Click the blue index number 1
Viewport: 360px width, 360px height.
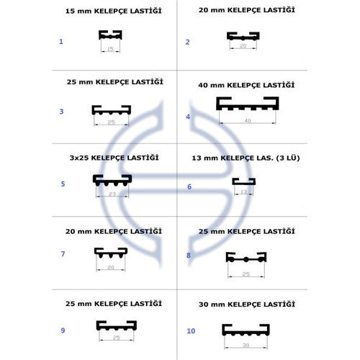click(x=61, y=42)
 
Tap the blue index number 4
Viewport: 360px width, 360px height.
click(x=188, y=117)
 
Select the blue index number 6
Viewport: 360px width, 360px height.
click(x=189, y=186)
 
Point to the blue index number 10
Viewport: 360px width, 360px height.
click(x=191, y=331)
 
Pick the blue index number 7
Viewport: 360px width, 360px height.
click(x=63, y=254)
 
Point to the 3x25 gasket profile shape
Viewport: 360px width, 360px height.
click(x=112, y=181)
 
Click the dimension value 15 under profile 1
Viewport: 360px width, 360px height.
click(x=110, y=49)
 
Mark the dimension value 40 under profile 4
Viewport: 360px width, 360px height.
click(x=248, y=120)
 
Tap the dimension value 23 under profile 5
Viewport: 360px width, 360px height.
click(x=112, y=194)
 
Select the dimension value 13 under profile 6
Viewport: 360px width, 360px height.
click(x=243, y=192)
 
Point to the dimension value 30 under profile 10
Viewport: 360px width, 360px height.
click(x=246, y=345)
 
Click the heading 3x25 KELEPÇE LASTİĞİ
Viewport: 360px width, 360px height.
click(x=114, y=158)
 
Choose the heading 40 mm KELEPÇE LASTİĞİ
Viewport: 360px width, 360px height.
click(x=246, y=85)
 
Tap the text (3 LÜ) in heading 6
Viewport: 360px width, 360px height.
click(x=288, y=158)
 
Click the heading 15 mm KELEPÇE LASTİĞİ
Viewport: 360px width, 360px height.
click(x=114, y=11)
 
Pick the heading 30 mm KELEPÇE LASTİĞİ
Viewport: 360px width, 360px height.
click(x=247, y=304)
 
